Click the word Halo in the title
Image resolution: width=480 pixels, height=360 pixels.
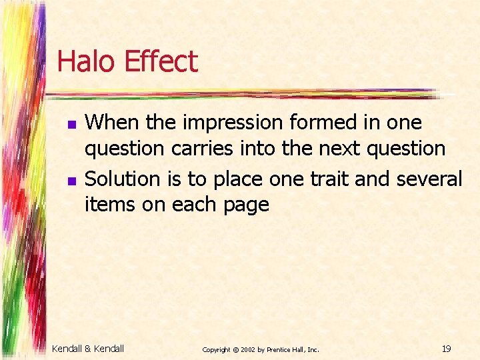(85, 61)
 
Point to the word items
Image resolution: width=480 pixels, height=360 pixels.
(109, 205)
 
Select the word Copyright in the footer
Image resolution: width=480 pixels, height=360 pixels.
(216, 349)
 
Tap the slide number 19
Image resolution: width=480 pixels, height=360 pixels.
(446, 349)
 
